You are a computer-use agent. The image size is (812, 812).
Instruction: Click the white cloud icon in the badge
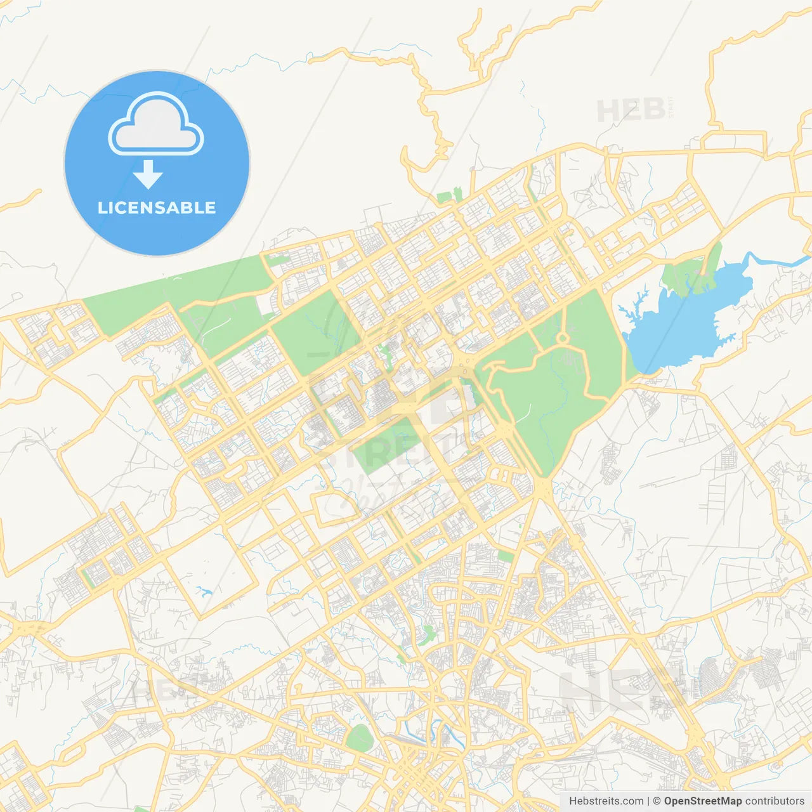(156, 124)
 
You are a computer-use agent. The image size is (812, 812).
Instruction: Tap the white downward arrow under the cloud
(148, 175)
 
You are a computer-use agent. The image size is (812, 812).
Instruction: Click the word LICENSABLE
(157, 207)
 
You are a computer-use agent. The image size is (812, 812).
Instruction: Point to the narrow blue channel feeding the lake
(777, 260)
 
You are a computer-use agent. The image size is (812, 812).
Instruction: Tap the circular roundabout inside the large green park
(562, 338)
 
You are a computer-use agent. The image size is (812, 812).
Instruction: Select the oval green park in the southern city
(359, 738)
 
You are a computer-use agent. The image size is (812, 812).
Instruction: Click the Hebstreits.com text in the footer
(606, 801)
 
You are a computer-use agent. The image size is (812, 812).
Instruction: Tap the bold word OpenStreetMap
(702, 801)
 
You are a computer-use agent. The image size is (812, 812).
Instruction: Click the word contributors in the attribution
(775, 801)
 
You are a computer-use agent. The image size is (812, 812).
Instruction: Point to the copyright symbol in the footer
(657, 801)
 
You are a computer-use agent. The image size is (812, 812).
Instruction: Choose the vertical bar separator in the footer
(648, 801)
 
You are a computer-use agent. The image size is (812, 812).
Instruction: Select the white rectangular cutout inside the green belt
(266, 304)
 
